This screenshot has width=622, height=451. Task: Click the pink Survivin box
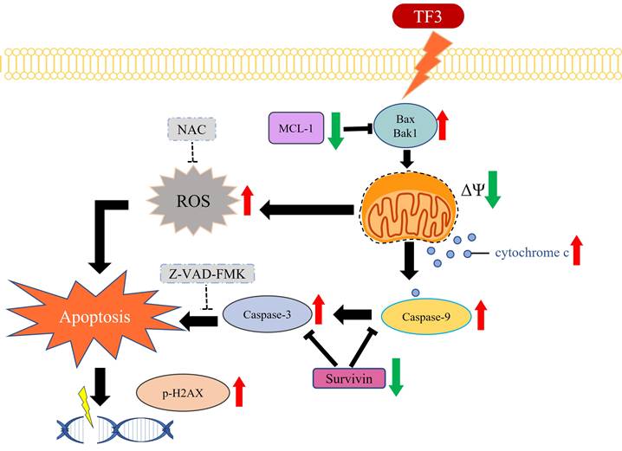(x=348, y=377)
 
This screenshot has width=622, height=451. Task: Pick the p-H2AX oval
(x=181, y=395)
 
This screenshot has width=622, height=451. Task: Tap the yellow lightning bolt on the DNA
(x=88, y=405)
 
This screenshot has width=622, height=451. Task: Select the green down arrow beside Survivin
(x=397, y=377)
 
